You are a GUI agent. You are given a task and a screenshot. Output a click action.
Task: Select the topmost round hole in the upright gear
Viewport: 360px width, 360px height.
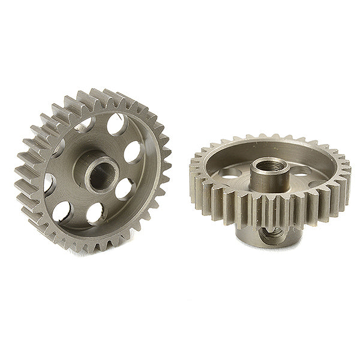click(x=116, y=125)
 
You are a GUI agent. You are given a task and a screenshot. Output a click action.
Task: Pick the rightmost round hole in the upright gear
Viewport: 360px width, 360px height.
click(x=133, y=152)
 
